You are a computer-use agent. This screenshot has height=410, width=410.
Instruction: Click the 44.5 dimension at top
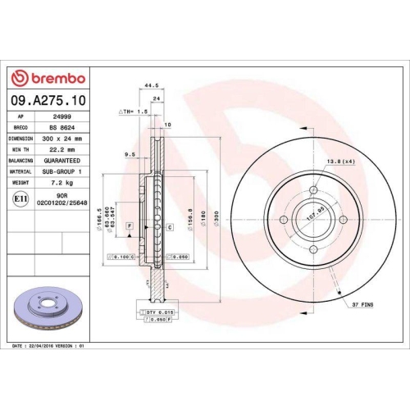pos(150,84)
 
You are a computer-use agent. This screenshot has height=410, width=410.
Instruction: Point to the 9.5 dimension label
pos(130,153)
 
